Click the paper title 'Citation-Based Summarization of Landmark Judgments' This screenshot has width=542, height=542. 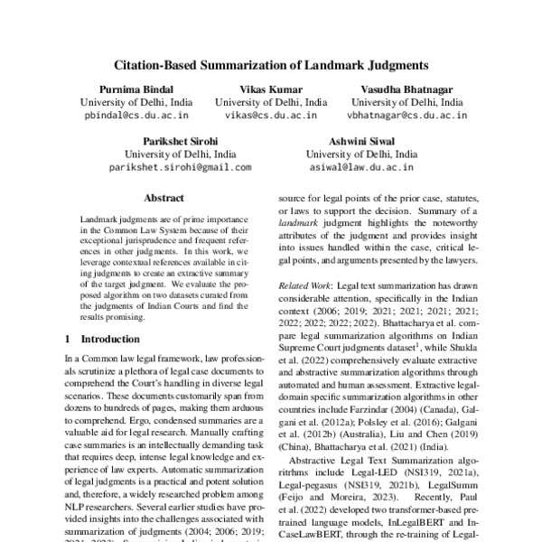[x=271, y=65]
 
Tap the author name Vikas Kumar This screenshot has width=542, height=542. [x=271, y=89]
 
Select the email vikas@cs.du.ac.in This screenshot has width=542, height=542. [x=271, y=116]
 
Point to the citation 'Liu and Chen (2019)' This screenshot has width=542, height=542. [x=444, y=432]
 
